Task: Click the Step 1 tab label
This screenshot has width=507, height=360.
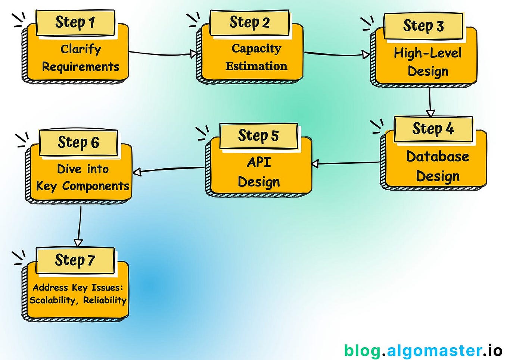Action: click(x=75, y=22)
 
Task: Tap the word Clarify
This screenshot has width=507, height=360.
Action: click(x=81, y=49)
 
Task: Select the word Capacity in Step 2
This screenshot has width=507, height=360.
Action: click(x=256, y=48)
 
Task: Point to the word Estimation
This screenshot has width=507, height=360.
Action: click(x=256, y=66)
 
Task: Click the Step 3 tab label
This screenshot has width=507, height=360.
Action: click(x=423, y=26)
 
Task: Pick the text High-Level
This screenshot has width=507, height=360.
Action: click(x=427, y=53)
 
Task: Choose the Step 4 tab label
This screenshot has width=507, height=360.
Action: click(x=433, y=129)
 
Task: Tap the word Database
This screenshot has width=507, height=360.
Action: click(x=438, y=156)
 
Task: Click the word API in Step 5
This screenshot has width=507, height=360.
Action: click(x=259, y=162)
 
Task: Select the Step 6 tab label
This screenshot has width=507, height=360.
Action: click(x=78, y=142)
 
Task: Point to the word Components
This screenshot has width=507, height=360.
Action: click(x=96, y=186)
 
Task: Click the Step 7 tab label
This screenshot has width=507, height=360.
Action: click(x=75, y=260)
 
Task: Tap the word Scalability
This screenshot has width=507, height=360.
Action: click(x=52, y=300)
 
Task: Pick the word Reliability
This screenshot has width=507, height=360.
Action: click(x=105, y=300)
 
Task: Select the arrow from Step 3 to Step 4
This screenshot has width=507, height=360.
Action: click(x=430, y=101)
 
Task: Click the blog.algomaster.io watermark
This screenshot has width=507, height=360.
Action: click(x=423, y=351)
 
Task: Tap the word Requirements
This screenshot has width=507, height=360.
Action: click(x=81, y=67)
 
